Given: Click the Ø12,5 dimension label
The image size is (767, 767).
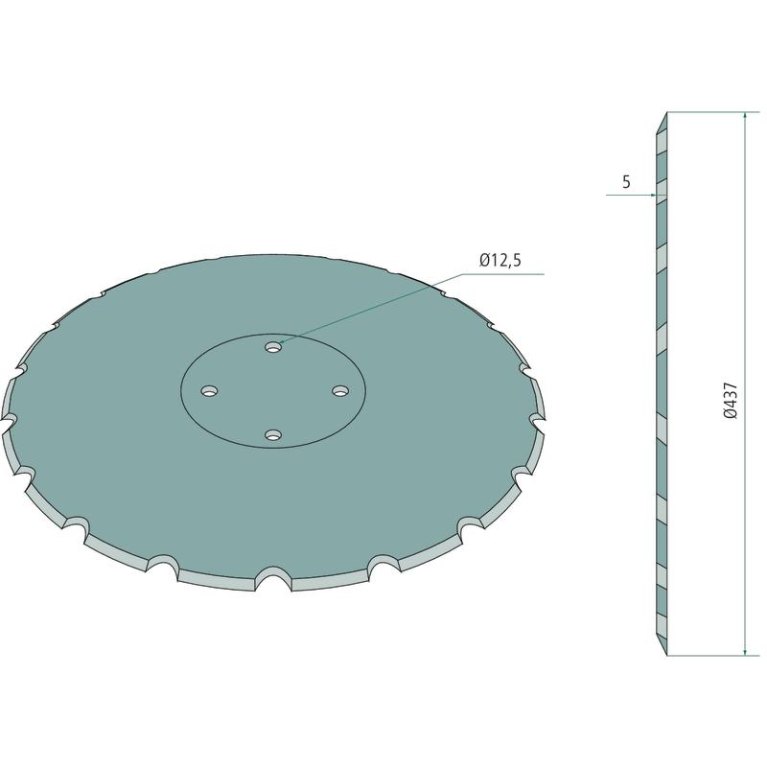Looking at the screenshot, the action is click(x=500, y=260).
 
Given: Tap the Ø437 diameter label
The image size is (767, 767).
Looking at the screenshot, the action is click(x=730, y=400).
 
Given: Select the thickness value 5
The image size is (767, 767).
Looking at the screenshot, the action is click(x=626, y=182).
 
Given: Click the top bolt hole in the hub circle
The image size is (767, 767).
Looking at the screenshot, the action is click(x=273, y=347).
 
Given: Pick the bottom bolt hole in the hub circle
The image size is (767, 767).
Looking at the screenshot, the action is click(x=273, y=435).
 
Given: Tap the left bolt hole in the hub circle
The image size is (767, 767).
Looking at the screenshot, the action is click(x=210, y=391).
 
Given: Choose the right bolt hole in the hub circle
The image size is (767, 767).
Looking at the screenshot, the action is click(x=340, y=391).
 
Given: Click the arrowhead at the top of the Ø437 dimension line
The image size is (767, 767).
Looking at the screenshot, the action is click(x=745, y=116).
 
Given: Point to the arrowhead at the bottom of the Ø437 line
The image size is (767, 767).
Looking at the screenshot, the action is click(x=745, y=652).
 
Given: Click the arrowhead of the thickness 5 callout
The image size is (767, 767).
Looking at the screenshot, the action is click(x=652, y=196).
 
